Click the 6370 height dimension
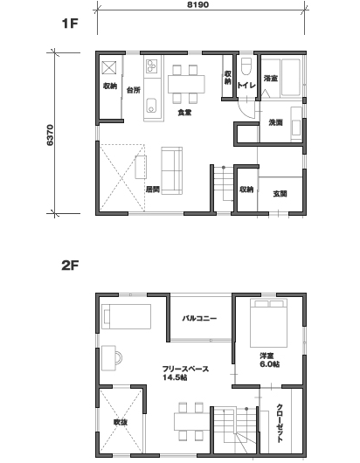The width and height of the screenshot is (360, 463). click(x=50, y=135)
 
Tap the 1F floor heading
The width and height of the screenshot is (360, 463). click(x=70, y=24)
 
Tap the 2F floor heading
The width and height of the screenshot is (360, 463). click(x=70, y=266)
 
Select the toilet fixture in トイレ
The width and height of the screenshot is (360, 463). click(x=246, y=66)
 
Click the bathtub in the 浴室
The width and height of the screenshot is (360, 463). click(x=291, y=78)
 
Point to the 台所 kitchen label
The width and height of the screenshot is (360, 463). click(x=133, y=90)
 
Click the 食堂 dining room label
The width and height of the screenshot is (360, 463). click(x=184, y=113)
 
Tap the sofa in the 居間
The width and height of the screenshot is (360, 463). click(x=171, y=170)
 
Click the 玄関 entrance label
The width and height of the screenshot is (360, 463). click(x=280, y=194)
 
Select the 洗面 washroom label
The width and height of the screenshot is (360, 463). click(x=275, y=122)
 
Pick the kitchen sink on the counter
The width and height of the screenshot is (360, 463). click(x=151, y=105)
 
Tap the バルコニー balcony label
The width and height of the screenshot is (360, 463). click(x=199, y=318)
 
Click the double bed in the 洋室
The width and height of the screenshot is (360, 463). click(x=268, y=323)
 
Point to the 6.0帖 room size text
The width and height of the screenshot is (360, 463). click(x=270, y=364)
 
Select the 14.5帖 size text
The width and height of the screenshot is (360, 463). click(x=175, y=377)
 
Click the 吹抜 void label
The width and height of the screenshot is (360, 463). click(x=121, y=423)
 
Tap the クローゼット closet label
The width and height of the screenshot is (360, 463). click(x=280, y=423)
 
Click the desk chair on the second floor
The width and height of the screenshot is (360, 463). click(x=120, y=358)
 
